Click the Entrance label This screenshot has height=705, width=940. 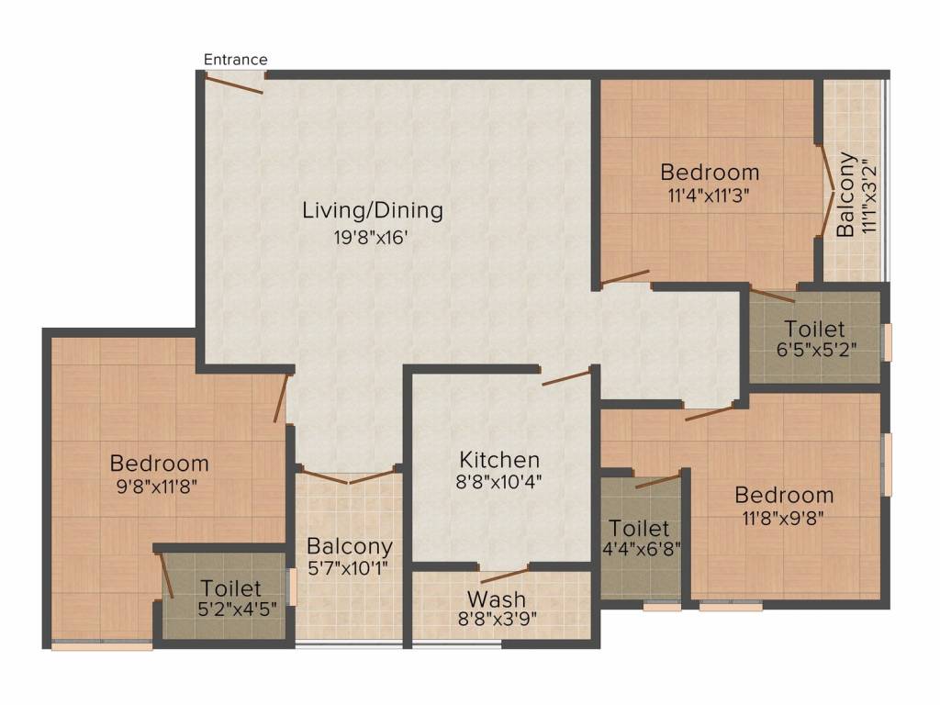coord(236,60)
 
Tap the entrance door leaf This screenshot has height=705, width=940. coord(234,84)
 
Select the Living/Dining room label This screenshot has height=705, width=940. coord(373,210)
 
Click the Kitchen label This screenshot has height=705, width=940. coord(499,460)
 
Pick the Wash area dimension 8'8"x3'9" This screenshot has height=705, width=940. coord(497,619)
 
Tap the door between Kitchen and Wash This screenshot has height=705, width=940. coord(505,573)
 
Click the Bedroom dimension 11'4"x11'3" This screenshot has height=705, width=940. coord(710,196)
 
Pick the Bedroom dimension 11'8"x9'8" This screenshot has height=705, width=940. coord(783,518)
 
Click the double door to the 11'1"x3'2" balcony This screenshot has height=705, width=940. coord(826,191)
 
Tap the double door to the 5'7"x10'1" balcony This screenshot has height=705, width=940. coord(348,476)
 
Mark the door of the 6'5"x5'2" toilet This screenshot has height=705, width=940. coord(773,296)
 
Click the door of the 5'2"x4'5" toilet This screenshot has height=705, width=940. coord(167,575)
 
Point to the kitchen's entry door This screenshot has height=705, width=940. coord(566,377)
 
